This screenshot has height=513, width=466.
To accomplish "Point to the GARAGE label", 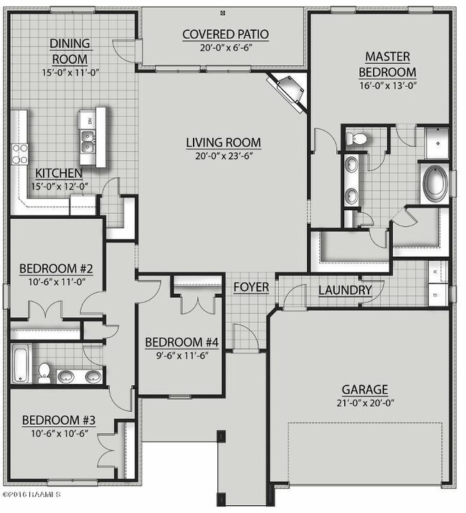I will coord(364,390).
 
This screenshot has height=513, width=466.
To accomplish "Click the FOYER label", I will coord(251,288).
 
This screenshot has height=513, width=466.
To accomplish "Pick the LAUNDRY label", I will coord(346,291).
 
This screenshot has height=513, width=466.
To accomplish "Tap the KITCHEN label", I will coord(59,174).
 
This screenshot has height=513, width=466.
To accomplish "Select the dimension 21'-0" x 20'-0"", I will coord(364,403).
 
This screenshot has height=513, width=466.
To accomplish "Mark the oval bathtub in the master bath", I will coord(434,183).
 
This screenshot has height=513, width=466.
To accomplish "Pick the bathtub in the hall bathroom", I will coord(21,364).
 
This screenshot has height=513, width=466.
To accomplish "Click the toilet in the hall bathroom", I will coord(44,372).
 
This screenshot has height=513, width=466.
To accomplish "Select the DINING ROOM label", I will coord(69,51).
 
